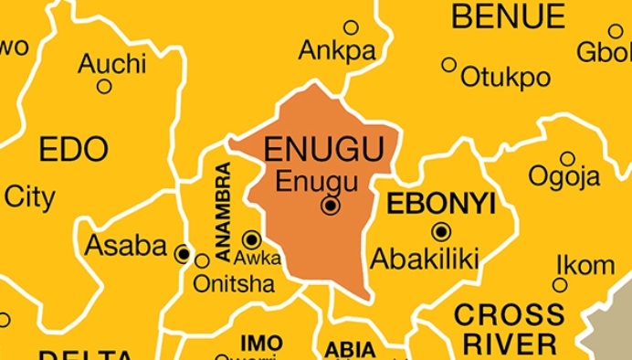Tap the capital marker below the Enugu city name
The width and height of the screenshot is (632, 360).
coord(331,206)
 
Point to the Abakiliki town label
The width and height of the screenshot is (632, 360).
coord(424,259)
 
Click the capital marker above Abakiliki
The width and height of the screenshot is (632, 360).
coord(441,231)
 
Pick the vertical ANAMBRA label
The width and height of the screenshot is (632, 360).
coord(223,206)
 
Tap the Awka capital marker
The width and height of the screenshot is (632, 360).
coord(251,239)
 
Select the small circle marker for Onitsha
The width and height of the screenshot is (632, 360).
coord(202,260)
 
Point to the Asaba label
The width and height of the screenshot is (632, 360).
coord(125,246)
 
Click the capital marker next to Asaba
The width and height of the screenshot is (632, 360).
coord(184,253)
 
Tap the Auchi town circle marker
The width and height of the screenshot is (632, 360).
coord(104,87)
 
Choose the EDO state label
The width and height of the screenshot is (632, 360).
coord(73,149)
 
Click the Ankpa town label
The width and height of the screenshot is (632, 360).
coord(337,51)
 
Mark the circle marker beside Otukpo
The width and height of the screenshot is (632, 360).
coord(448,65)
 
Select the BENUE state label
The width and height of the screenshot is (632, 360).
coord(509,16)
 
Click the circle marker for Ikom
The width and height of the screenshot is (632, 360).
coord(560,285)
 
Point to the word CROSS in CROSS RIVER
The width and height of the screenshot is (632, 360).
coord(509,315)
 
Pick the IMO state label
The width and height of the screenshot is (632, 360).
coord(261,343)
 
